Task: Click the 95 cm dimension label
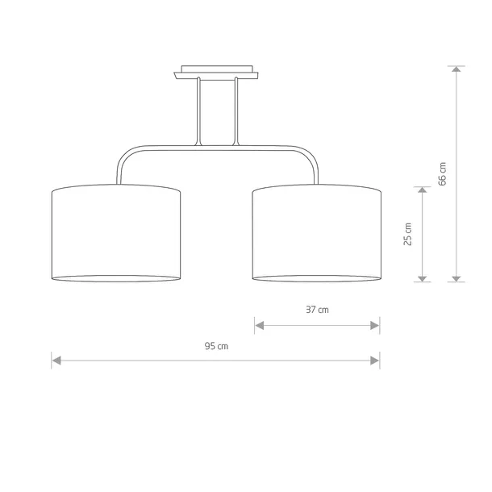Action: click(216, 346)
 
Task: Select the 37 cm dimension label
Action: click(317, 310)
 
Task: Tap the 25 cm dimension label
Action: click(407, 234)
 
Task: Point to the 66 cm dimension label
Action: click(442, 174)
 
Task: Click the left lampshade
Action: click(116, 233)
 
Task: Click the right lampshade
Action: click(317, 233)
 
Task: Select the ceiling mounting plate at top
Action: click(216, 72)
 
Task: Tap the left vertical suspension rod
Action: click(198, 111)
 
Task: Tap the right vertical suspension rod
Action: click(236, 111)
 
